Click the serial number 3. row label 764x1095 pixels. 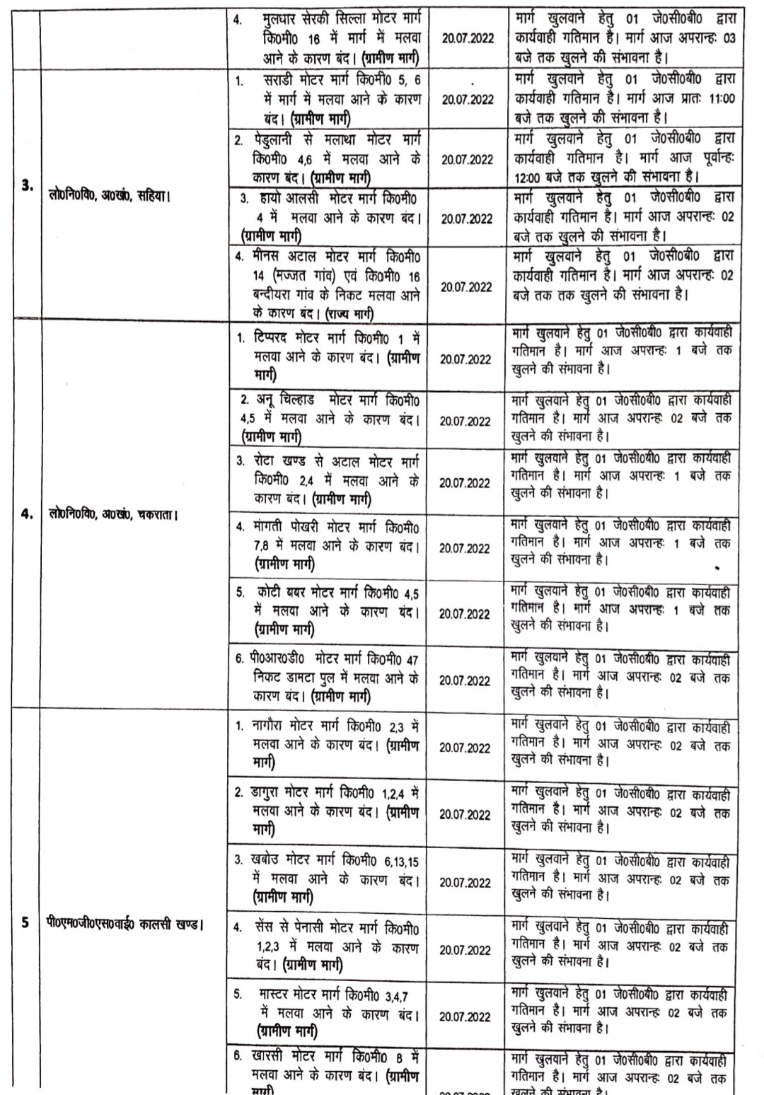(27, 187)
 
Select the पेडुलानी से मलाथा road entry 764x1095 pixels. (330, 158)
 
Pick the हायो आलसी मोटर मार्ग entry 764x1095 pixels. (330, 216)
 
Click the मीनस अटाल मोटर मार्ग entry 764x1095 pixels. (330, 283)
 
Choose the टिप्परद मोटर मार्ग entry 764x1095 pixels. (330, 357)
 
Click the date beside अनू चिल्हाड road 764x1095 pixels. (465, 421)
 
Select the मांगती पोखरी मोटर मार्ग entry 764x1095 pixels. (330, 546)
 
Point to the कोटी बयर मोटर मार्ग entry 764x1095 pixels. (330, 610)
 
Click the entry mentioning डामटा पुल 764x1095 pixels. (330, 678)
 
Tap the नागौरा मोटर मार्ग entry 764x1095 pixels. (330, 744)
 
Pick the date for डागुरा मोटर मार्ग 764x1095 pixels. (465, 814)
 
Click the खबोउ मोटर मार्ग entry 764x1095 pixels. (330, 879)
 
